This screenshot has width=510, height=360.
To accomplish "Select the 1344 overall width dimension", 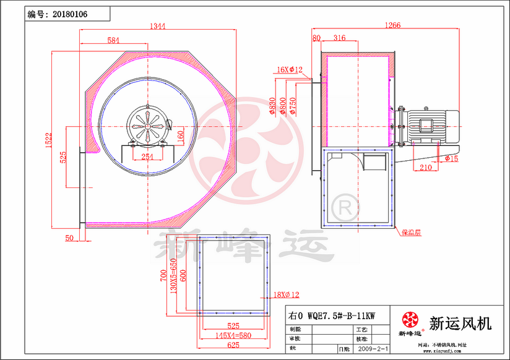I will click(158, 26).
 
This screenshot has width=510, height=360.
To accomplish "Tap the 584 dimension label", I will click(113, 40).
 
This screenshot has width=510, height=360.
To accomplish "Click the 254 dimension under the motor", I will click(147, 156).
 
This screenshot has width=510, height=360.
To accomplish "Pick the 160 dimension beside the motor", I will click(181, 135).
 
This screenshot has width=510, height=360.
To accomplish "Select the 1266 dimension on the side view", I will click(392, 25).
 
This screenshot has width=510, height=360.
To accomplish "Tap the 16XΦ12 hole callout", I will click(289, 70).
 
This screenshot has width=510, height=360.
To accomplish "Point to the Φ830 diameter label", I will click(272, 106).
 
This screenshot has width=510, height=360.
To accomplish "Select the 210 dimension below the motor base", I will click(425, 167).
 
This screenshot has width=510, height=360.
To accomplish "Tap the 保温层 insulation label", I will click(410, 233).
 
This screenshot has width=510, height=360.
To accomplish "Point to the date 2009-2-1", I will click(373, 349).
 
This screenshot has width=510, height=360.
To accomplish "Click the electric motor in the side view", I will click(431, 123).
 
